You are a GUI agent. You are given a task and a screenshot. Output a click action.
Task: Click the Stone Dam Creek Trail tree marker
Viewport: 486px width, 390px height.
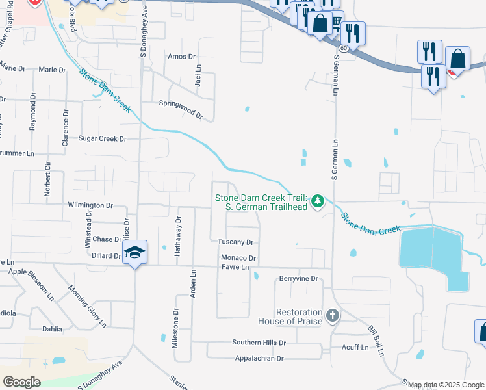click(x=318, y=201)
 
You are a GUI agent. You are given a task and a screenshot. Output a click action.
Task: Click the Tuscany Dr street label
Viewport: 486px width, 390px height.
click(x=235, y=242)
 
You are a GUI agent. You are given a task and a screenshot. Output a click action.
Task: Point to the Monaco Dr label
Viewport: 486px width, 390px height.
click(x=239, y=258)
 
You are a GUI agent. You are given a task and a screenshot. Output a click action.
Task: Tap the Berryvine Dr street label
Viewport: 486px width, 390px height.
click(x=298, y=279)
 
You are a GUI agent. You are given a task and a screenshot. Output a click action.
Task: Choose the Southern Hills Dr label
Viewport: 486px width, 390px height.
click(x=259, y=342)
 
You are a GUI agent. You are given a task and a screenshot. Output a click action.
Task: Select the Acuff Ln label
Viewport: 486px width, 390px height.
click(x=355, y=348)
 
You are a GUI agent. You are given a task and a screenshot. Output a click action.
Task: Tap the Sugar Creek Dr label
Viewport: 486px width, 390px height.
click(x=102, y=138)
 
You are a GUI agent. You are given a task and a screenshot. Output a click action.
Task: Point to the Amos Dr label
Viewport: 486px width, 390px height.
click(x=181, y=57)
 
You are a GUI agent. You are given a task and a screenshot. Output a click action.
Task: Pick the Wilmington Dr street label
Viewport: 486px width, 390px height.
click(x=90, y=205)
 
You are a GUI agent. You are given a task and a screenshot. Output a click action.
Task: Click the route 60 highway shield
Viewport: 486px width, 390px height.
click(x=343, y=48)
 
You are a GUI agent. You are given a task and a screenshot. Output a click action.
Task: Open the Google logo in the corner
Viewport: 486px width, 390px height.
click(x=22, y=382)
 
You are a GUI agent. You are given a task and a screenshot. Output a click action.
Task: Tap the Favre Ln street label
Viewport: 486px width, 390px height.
click(x=235, y=267)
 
